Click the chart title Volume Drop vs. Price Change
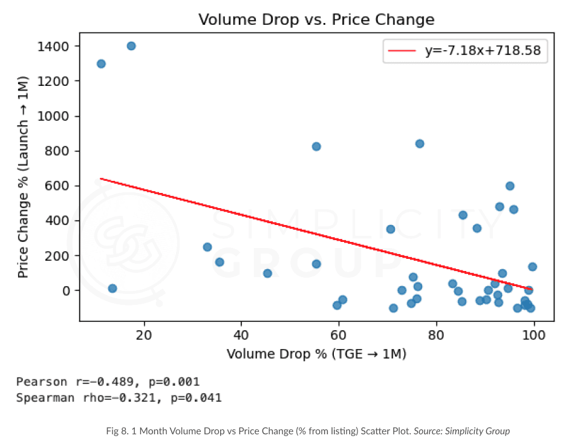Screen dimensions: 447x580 tap(316, 19)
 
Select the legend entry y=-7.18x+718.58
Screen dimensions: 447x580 tap(486, 52)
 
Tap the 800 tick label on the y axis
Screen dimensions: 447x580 tap(62, 151)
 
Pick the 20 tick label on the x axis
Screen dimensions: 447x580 tap(144, 334)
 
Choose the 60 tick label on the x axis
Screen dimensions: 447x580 tap(339, 334)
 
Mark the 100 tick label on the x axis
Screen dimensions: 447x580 tap(533, 334)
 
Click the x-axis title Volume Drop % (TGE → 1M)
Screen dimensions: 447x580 tap(316, 354)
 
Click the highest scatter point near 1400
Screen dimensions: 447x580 tap(131, 46)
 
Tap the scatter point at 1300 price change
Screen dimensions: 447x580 tap(101, 64)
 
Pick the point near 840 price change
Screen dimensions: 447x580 tap(420, 143)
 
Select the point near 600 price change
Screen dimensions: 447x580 tap(510, 186)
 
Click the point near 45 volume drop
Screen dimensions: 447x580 tap(267, 273)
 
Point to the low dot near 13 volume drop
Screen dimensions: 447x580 tap(112, 289)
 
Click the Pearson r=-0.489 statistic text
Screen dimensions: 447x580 tap(108, 382)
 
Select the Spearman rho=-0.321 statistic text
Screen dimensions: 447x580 tap(119, 398)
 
